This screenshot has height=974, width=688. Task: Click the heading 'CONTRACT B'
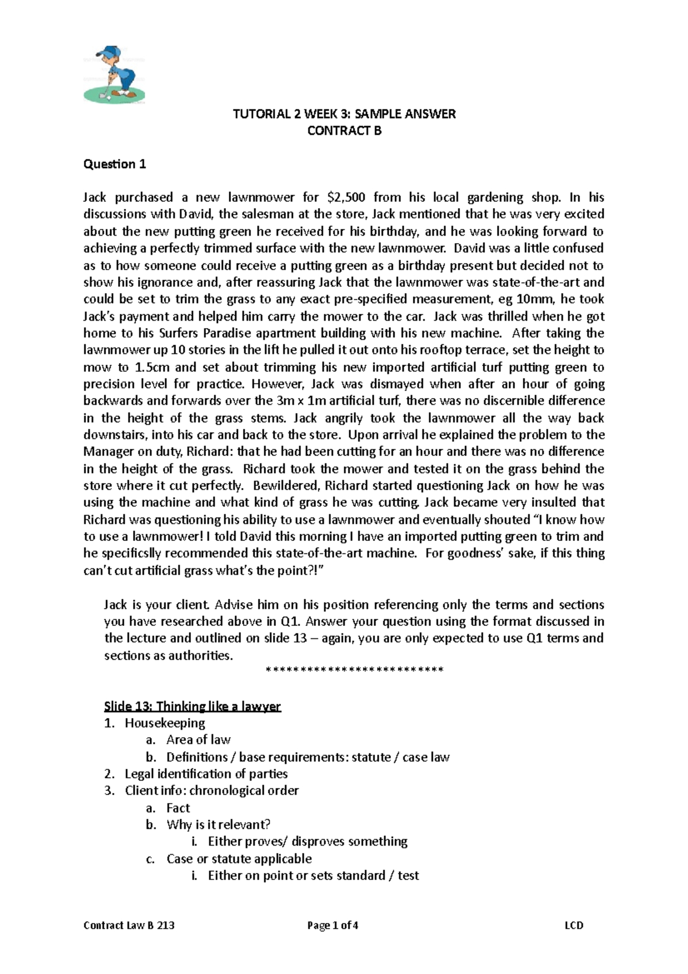point(344,131)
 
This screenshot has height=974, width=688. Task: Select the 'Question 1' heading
point(115,164)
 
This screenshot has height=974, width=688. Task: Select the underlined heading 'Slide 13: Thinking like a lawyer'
point(192,706)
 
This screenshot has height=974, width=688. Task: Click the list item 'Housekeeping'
point(165,723)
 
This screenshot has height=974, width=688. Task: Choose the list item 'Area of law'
point(198,740)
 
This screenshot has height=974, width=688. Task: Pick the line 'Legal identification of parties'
point(206,774)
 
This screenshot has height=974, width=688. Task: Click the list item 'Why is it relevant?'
point(218,825)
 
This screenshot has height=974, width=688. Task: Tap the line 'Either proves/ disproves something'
point(307,841)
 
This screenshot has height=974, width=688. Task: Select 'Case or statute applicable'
point(239,859)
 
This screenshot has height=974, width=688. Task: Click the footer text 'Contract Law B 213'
point(129,925)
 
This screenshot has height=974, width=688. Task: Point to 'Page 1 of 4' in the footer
point(333,925)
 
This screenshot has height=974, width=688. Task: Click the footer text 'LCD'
point(573,925)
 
